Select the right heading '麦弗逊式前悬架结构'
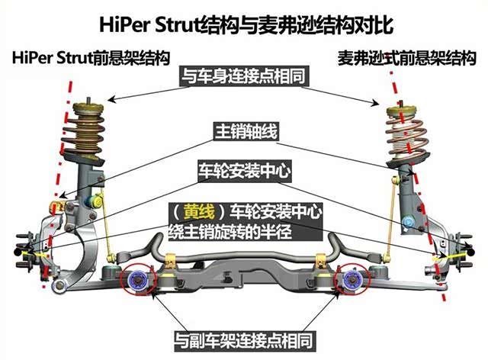pos(408,58)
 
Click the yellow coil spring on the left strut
pos(91,130)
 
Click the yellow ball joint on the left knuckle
pos(55,207)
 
